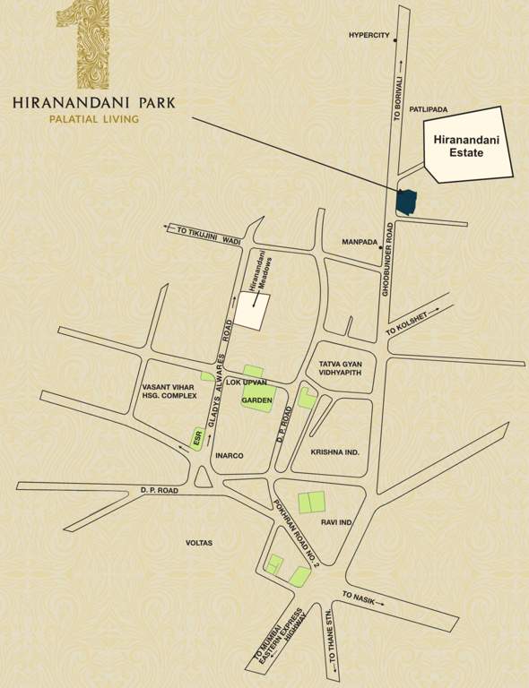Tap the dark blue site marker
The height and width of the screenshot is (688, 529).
406,202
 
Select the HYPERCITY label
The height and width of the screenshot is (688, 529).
369,36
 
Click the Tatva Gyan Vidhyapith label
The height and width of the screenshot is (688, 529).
340,368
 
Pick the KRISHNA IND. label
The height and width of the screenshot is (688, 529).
335,452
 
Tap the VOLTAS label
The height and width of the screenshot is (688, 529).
199,542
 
